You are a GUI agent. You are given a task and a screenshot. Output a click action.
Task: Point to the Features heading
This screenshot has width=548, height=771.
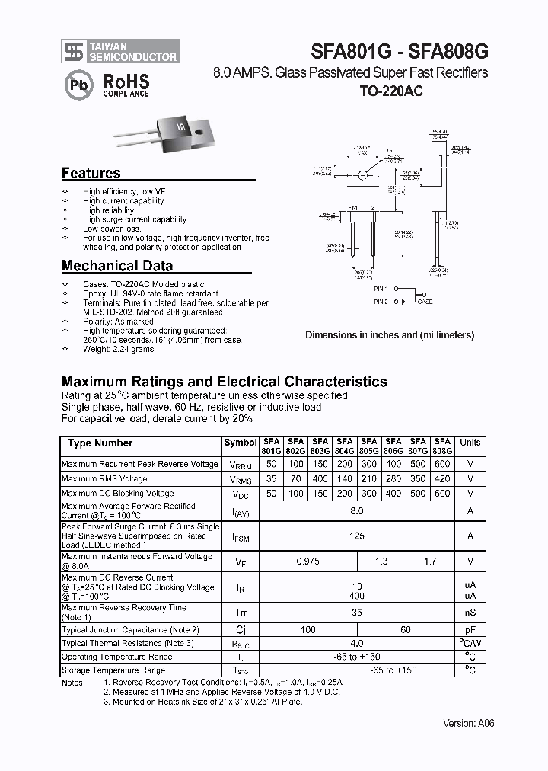click(x=91, y=174)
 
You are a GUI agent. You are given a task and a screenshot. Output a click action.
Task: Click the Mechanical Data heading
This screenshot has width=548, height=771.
click(x=116, y=266)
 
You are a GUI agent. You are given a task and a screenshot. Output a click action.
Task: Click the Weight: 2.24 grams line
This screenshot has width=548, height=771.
click(x=118, y=350)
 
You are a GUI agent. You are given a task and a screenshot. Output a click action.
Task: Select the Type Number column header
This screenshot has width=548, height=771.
click(x=100, y=443)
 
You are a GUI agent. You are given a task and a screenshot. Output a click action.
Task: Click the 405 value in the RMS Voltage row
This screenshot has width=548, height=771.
click(x=320, y=479)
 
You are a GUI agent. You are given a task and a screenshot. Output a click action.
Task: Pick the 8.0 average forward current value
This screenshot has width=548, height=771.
click(x=357, y=511)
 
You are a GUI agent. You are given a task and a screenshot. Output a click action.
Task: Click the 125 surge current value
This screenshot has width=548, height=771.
click(x=357, y=536)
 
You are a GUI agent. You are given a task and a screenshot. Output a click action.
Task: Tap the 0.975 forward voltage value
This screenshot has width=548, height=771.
click(x=307, y=561)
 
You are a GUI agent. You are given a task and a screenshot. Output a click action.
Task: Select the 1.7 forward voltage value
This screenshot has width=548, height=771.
click(x=429, y=561)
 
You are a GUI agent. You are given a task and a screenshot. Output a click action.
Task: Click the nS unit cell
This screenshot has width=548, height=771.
click(x=470, y=613)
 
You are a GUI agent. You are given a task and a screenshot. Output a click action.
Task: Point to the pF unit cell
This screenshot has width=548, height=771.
click(x=470, y=630)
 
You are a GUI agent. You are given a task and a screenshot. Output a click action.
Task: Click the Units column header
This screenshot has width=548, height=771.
click(x=470, y=443)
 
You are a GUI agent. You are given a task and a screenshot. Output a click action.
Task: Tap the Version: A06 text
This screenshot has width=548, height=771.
click(x=468, y=723)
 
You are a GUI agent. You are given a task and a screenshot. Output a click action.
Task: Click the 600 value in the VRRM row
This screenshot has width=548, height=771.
click(x=441, y=464)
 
